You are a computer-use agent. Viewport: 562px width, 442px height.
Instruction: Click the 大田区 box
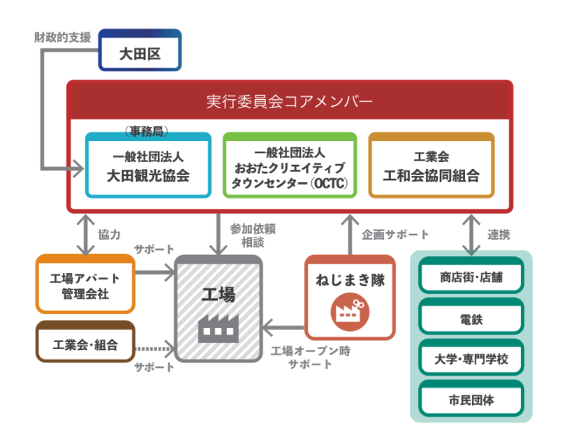click(140, 50)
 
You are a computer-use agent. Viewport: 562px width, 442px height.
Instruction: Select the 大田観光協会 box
click(147, 166)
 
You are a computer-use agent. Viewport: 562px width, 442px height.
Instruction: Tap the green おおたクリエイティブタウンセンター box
click(289, 166)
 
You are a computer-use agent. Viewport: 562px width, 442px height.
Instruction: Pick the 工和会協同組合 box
click(431, 166)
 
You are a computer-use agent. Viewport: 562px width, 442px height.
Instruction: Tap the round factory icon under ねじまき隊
click(349, 310)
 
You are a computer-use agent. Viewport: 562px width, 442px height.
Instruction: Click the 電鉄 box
click(471, 319)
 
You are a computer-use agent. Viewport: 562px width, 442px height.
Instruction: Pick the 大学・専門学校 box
click(471, 360)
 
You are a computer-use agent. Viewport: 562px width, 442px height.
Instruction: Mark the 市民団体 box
click(471, 401)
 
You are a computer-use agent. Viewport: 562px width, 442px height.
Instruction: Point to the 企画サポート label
click(395, 235)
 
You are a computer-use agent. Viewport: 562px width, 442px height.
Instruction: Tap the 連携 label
click(498, 235)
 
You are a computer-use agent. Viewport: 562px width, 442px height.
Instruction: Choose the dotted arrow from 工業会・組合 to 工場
click(154, 347)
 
